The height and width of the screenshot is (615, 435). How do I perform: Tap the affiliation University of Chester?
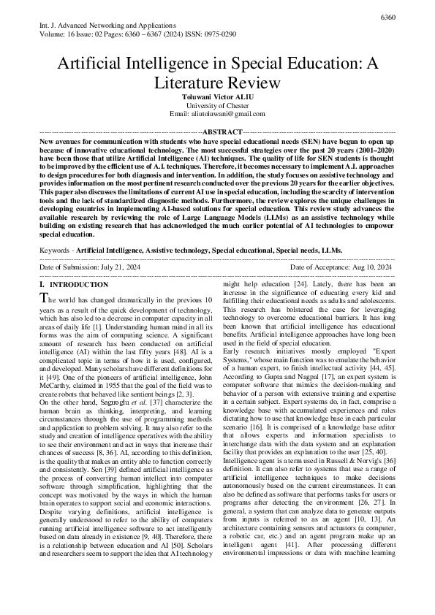coord(217,105)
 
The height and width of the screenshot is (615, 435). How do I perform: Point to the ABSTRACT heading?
coord(217,131)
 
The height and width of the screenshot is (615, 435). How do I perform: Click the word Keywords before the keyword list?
coord(56,250)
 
